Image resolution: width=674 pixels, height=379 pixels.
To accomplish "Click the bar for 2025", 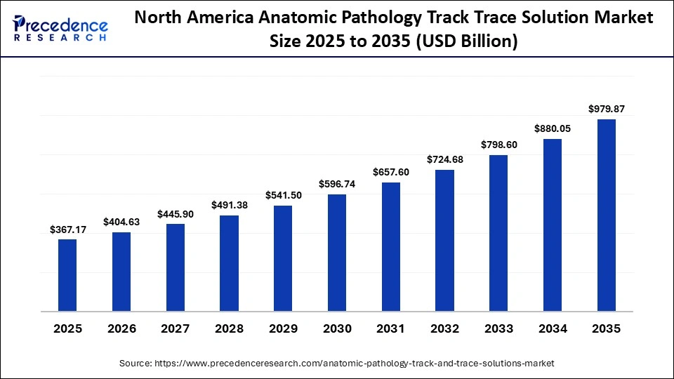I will [67, 274].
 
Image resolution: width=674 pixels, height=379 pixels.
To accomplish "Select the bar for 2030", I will [337, 252].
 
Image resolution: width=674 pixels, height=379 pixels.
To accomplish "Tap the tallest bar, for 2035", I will [607, 215].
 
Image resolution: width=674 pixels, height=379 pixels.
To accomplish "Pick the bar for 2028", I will [229, 262].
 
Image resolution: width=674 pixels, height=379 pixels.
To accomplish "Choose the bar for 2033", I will [498, 232].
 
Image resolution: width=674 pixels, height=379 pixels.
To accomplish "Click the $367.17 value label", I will [67, 230].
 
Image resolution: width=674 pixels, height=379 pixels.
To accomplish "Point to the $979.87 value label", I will [607, 109].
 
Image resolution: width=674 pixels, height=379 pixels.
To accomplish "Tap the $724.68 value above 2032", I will [445, 159].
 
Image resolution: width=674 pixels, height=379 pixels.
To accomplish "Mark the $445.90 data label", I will [176, 214].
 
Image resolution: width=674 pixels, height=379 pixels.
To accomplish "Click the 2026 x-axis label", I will [121, 328].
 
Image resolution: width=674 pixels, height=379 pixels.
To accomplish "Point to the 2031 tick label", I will [391, 328].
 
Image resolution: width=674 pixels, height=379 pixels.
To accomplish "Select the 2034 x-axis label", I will [553, 328].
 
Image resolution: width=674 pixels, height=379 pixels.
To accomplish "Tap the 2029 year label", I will [283, 328].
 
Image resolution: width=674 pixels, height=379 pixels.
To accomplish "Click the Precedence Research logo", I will [60, 28].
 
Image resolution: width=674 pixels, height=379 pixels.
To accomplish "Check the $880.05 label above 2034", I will [553, 128].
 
